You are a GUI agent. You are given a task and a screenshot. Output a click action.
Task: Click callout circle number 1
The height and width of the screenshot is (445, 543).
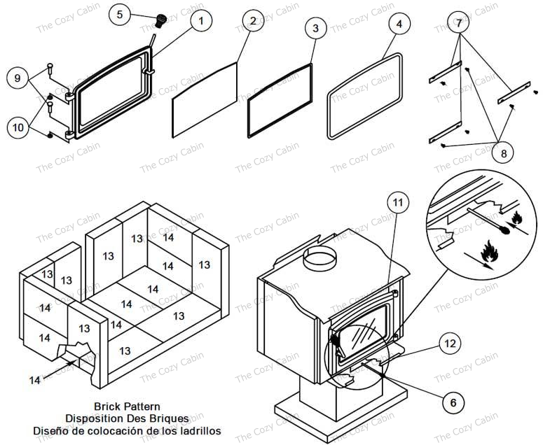click(x=200, y=21)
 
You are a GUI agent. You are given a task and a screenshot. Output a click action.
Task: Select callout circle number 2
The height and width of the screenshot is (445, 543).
click(x=252, y=21)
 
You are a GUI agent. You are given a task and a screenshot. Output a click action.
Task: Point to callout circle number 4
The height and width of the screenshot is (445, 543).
click(x=399, y=24)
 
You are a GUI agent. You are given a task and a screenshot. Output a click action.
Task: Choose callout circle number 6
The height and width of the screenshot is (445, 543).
click(x=452, y=402)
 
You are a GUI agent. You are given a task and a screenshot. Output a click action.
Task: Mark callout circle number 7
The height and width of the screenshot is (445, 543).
click(x=458, y=24)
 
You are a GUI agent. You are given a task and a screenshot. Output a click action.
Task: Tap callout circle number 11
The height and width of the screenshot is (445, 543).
click(x=397, y=204)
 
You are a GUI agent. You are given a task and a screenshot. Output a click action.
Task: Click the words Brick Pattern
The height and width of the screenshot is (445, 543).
click(x=127, y=407)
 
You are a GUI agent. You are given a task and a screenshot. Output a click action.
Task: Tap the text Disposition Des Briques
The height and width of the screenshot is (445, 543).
click(x=127, y=418)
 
